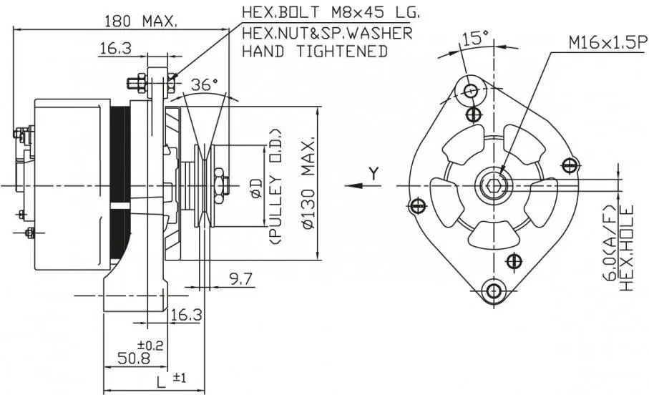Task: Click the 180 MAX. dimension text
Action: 140,21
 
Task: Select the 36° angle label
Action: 205,84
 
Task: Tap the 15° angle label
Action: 475,39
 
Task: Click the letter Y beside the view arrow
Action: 374,172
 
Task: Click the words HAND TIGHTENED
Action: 315,52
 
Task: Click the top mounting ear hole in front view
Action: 471,91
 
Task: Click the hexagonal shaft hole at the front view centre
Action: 492,187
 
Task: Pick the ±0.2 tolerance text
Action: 155,345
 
